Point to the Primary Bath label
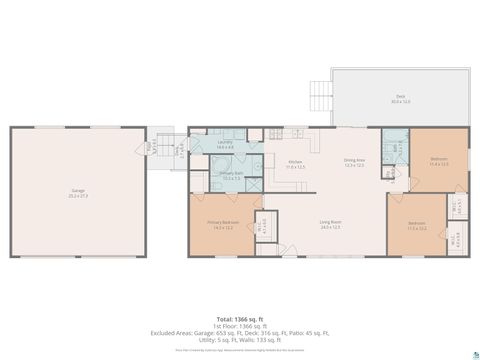tap(231, 176)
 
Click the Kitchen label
tap(295, 164)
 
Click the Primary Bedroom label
tap(221, 225)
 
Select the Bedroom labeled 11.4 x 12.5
tap(439, 162)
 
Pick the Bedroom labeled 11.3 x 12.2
tap(417, 225)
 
